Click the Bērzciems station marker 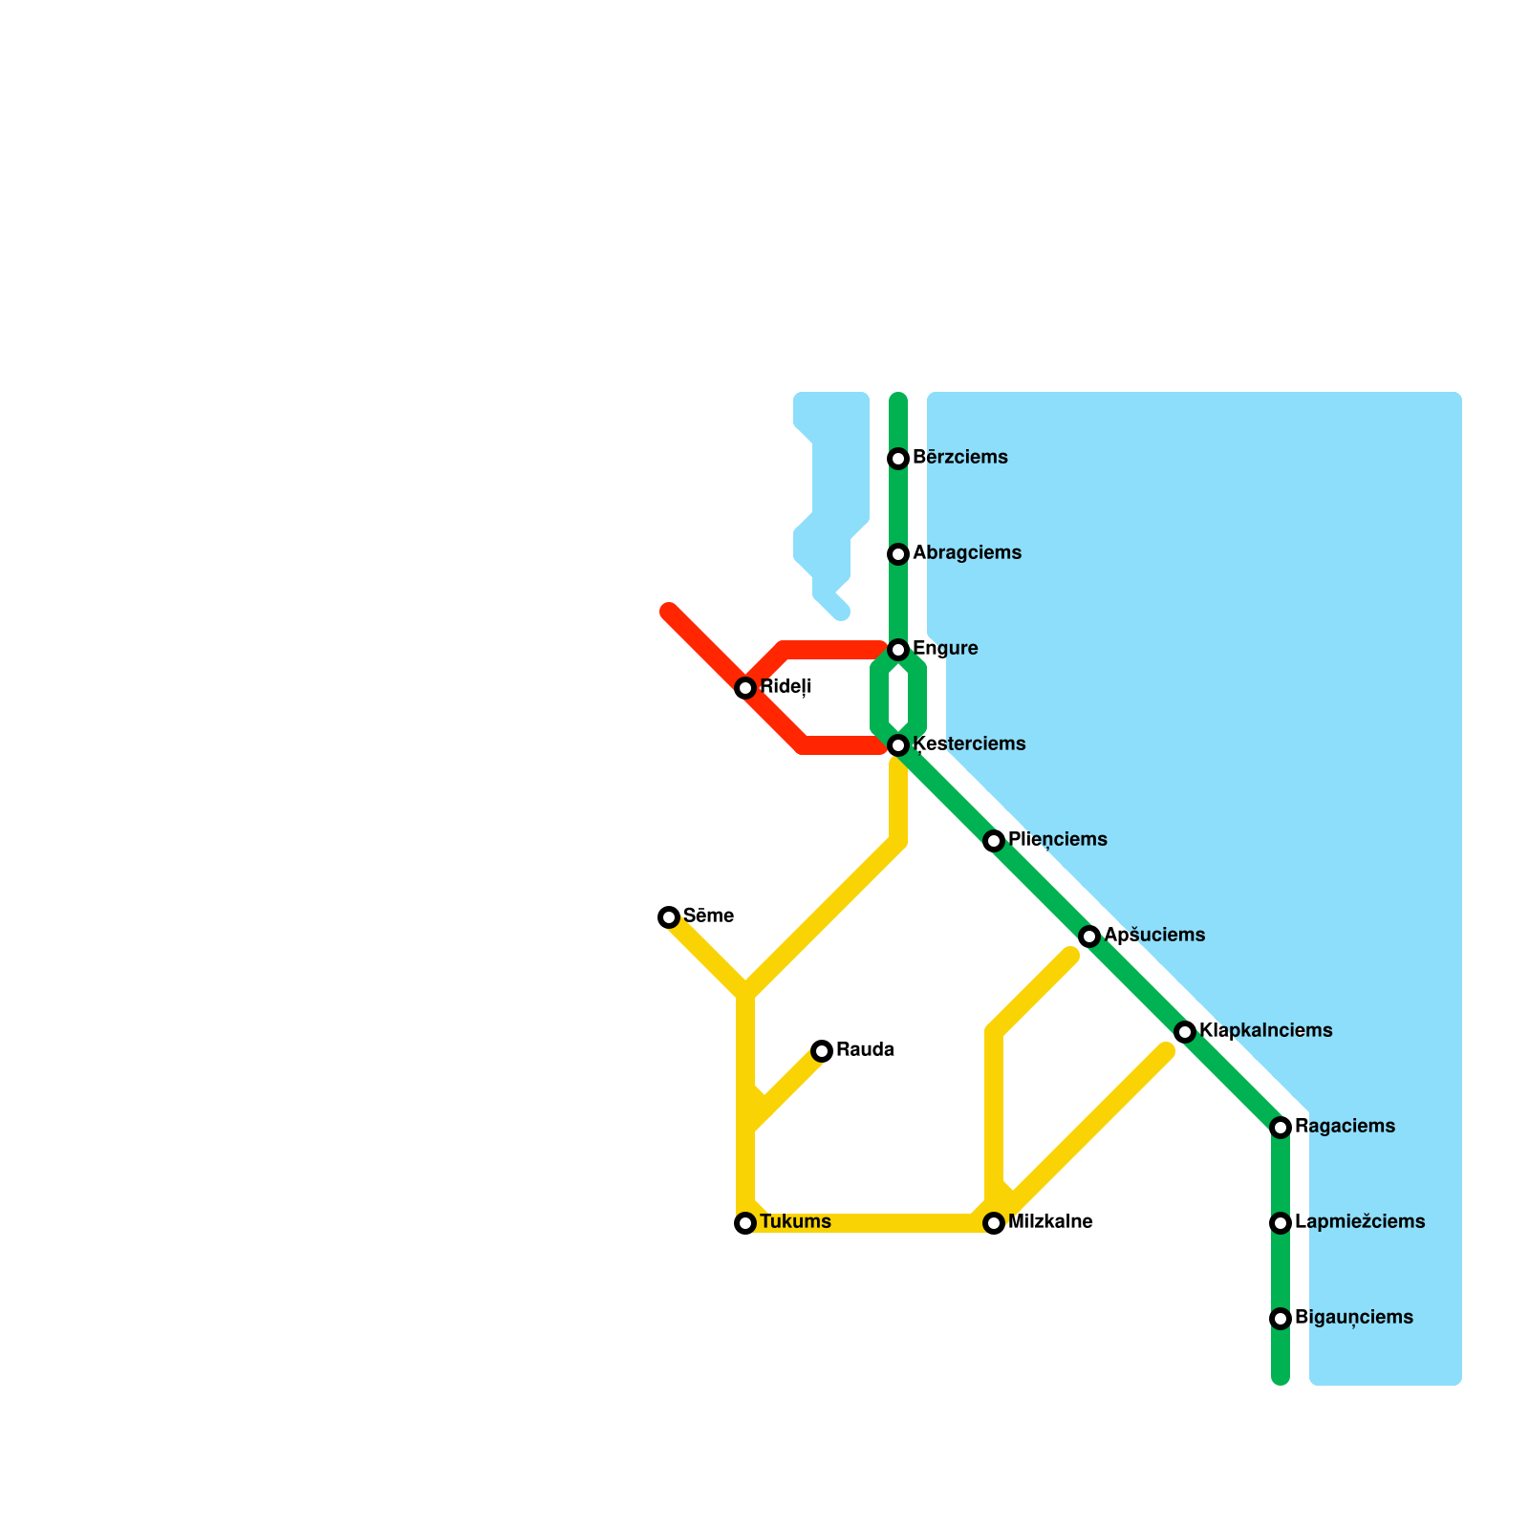click(898, 459)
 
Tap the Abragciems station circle click(898, 554)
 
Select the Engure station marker click(898, 650)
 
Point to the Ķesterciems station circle click(898, 745)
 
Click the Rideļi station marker click(745, 688)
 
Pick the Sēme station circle click(669, 917)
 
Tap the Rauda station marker click(822, 1051)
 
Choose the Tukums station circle click(745, 1223)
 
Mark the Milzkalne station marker click(994, 1223)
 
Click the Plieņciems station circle click(994, 841)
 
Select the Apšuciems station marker click(1089, 937)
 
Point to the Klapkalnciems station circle click(1185, 1032)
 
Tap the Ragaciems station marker click(1281, 1128)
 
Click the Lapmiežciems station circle click(1281, 1223)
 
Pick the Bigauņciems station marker click(1281, 1319)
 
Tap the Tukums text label click(795, 1222)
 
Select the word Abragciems click(967, 553)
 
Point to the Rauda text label click(865, 1050)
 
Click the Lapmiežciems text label click(1360, 1222)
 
